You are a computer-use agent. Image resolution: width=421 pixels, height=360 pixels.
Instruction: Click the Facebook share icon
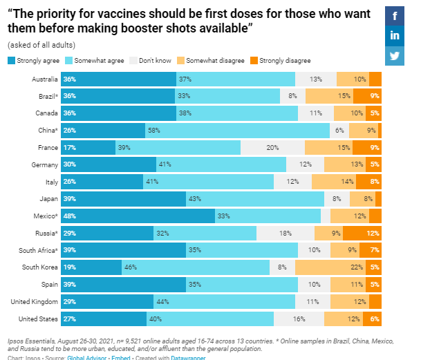(395, 16)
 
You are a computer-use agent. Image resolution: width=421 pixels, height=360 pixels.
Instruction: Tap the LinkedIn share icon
(395, 36)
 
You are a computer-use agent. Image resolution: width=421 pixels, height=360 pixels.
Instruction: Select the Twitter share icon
(395, 56)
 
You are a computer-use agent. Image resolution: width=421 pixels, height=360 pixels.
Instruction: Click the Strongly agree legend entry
(32, 61)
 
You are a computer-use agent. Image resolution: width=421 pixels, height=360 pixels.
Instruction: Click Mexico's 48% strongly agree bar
(138, 216)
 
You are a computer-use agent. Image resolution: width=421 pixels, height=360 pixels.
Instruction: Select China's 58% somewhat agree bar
(237, 130)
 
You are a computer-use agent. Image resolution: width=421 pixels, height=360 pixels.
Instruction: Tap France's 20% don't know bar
(272, 147)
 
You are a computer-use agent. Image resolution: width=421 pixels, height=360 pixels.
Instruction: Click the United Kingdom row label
(34, 302)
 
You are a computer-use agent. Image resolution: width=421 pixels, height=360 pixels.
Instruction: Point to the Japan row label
(47, 199)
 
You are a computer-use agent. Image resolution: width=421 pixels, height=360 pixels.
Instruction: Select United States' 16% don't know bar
(299, 319)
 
